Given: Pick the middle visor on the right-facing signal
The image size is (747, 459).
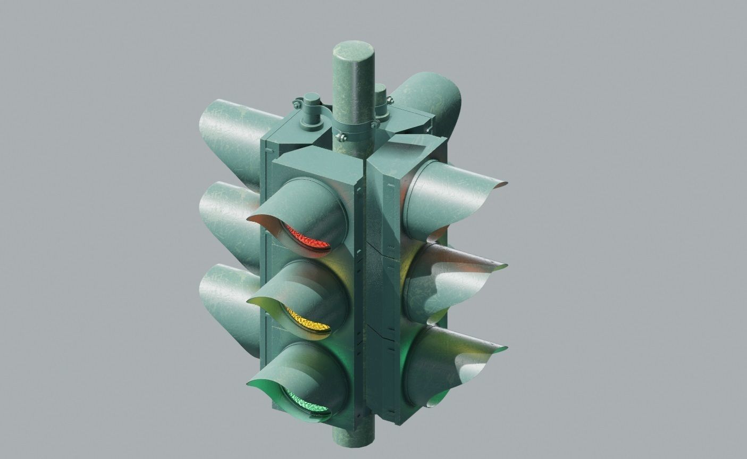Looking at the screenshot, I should click(452, 277).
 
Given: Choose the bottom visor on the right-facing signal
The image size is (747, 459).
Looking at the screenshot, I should click(452, 356).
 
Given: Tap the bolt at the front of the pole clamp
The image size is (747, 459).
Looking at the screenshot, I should click(341, 137).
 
